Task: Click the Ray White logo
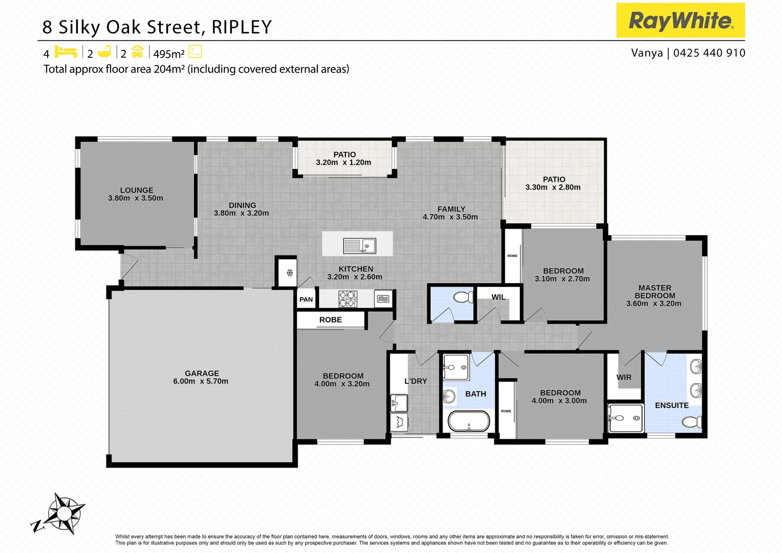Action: (680, 20)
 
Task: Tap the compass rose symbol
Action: (63, 513)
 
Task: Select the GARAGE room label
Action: (202, 373)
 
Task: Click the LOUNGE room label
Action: (137, 190)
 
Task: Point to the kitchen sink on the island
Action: (359, 246)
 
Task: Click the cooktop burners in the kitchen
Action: (347, 299)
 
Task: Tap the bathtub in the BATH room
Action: (469, 421)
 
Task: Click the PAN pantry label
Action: (306, 300)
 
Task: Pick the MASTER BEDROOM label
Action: (655, 292)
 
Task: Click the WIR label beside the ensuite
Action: (624, 377)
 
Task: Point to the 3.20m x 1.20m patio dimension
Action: (343, 162)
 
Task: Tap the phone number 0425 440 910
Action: (709, 53)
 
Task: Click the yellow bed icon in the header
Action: (66, 52)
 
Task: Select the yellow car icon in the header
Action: (137, 52)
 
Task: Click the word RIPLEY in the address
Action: (241, 27)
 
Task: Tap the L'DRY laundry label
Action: (416, 381)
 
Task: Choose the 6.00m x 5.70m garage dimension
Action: (201, 381)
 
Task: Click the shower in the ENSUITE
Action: (625, 418)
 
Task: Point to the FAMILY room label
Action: (451, 209)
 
